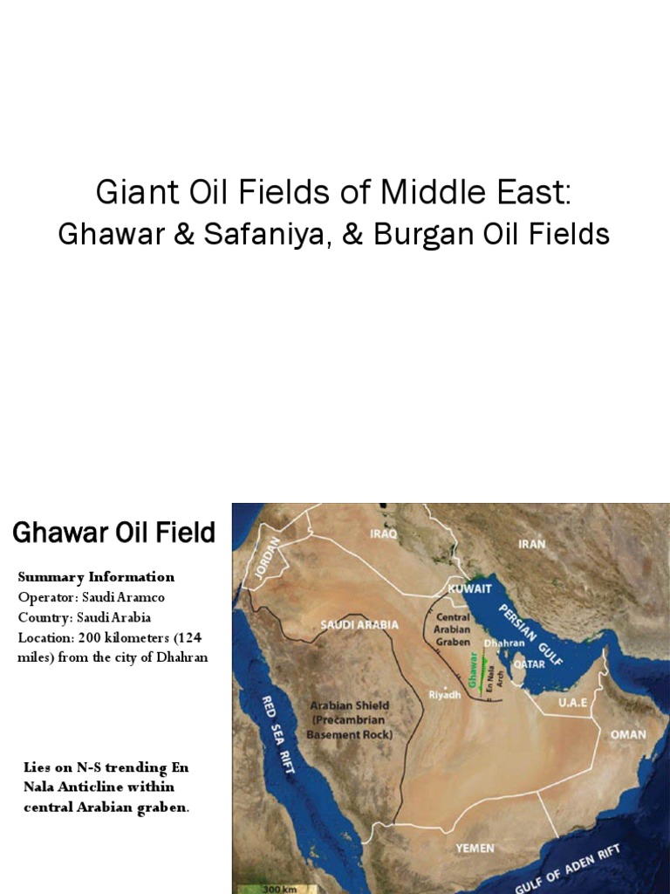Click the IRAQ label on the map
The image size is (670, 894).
(383, 532)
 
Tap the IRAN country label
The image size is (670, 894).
(532, 543)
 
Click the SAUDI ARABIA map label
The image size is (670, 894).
(359, 624)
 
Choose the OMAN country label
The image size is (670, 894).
(628, 734)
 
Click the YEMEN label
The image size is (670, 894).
(475, 847)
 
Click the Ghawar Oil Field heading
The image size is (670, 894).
(113, 533)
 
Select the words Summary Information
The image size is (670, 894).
(96, 576)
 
